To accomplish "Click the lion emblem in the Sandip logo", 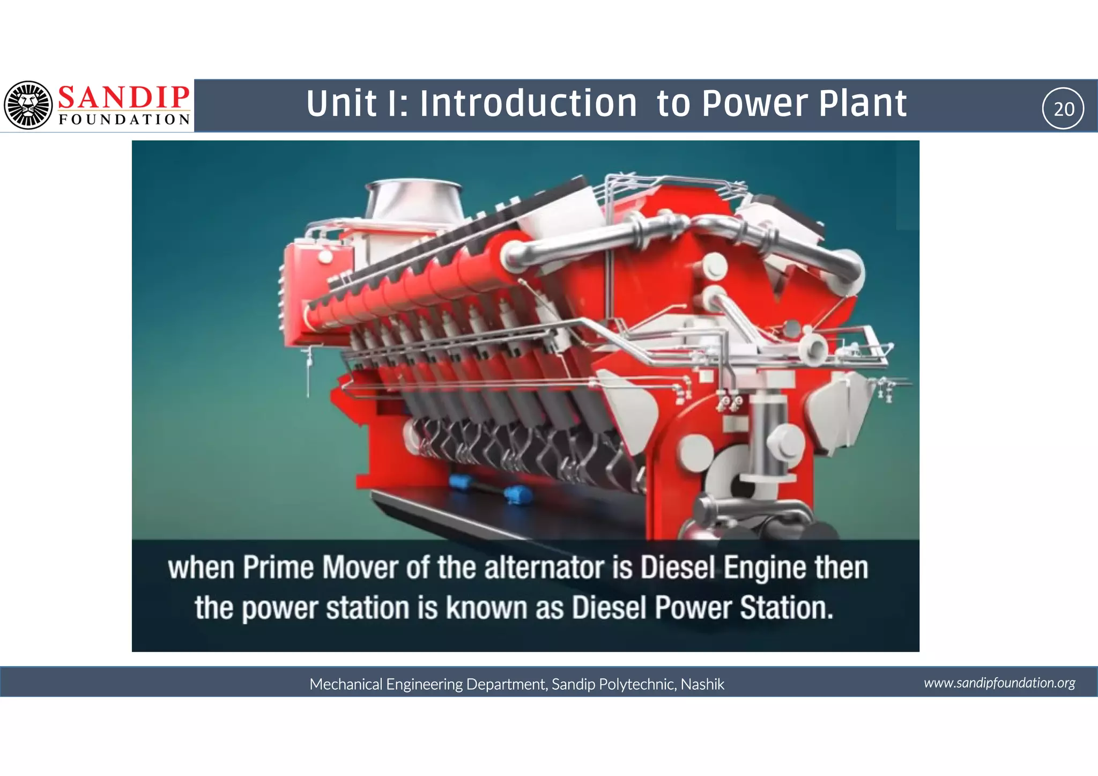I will click(x=28, y=105).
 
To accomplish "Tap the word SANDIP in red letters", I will click(x=123, y=97).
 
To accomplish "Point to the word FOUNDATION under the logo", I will click(x=124, y=120).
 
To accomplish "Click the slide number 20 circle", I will click(x=1063, y=108).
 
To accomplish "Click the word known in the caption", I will click(x=487, y=608).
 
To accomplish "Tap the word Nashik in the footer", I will click(x=702, y=684).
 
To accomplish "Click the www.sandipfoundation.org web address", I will click(x=999, y=683).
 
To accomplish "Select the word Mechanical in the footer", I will click(x=346, y=684).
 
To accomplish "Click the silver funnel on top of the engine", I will click(x=413, y=199).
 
